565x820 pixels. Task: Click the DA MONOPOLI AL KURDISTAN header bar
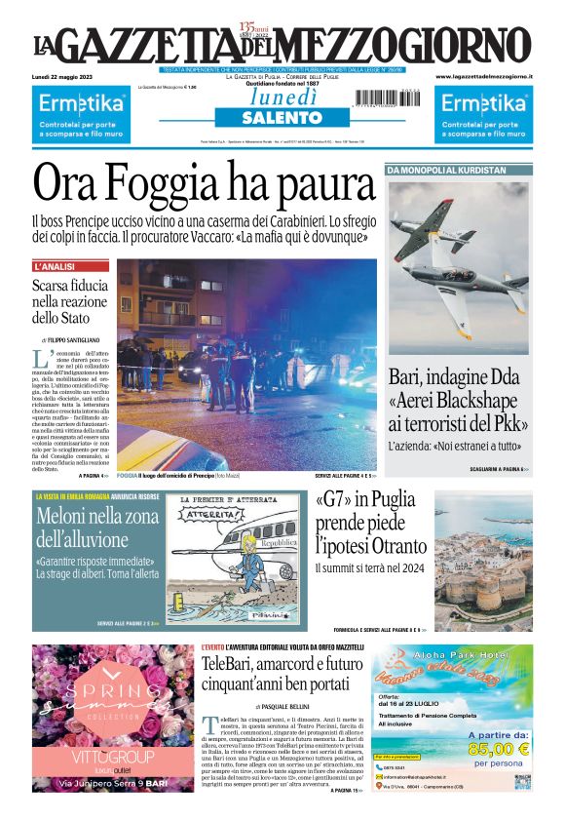point(447,170)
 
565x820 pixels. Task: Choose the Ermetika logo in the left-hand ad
point(81,102)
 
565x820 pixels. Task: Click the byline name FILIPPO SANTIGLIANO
point(74,338)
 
